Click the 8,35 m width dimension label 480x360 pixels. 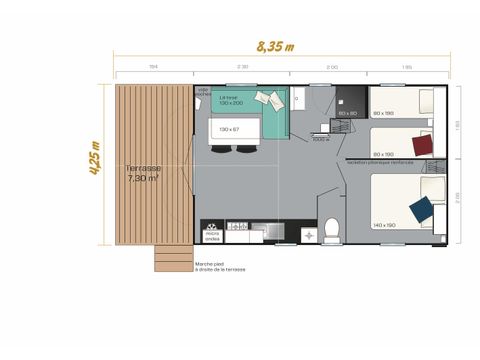(275, 46)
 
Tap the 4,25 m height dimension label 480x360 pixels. (96, 158)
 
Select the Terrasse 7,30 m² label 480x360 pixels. (144, 173)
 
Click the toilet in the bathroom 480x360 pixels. (332, 229)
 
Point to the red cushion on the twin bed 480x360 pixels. (423, 145)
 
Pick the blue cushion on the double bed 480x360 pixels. (422, 209)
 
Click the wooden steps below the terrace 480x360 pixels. (173, 258)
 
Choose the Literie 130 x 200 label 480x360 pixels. (232, 101)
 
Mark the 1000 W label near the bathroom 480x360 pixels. (320, 139)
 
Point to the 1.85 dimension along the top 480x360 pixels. (407, 67)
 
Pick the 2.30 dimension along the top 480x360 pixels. (242, 67)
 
